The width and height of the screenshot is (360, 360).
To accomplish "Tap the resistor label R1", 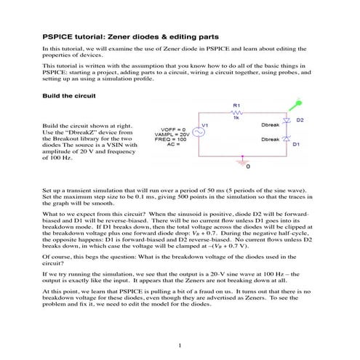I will pos(236,106).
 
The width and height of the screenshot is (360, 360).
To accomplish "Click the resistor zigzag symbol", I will pos(237,113).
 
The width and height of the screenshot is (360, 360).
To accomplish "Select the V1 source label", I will pos(225,125).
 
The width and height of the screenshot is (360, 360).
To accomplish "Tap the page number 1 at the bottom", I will pos(179,344).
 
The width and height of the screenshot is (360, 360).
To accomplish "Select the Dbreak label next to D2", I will pos(269,125).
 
